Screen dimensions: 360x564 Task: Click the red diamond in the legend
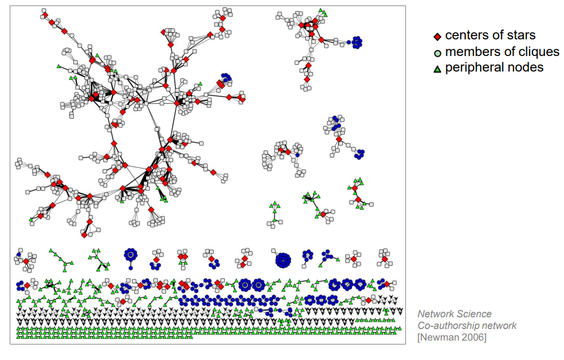pos(437,37)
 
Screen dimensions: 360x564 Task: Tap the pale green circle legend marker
pos(437,53)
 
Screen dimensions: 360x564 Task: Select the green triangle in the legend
pos(437,69)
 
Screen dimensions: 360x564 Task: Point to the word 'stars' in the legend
pos(521,36)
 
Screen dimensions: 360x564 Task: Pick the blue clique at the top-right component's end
pos(356,42)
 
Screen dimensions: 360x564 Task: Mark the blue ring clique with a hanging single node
pos(130,255)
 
